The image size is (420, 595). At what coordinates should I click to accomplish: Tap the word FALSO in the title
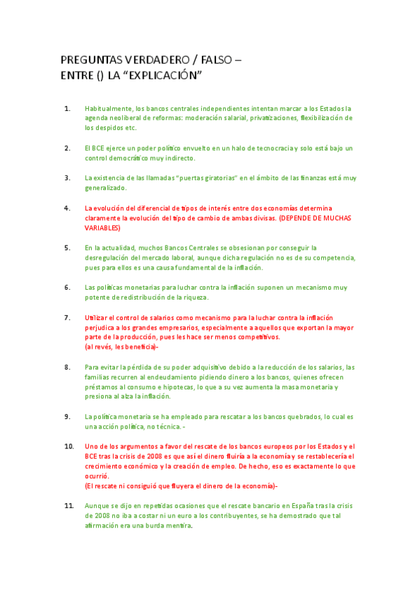(213, 60)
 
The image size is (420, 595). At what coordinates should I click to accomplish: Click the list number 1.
(67, 109)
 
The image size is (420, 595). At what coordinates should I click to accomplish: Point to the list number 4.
(67, 208)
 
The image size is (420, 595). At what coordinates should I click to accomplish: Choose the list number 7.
(67, 318)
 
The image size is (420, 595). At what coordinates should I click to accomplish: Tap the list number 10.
(69, 446)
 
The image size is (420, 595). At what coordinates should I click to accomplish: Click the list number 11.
(69, 505)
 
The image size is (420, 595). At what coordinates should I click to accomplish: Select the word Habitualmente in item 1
(109, 109)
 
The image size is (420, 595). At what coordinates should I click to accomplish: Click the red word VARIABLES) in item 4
(102, 228)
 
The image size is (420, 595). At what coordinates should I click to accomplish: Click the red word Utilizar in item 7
(97, 318)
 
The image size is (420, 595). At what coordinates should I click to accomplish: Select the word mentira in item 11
(178, 525)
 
